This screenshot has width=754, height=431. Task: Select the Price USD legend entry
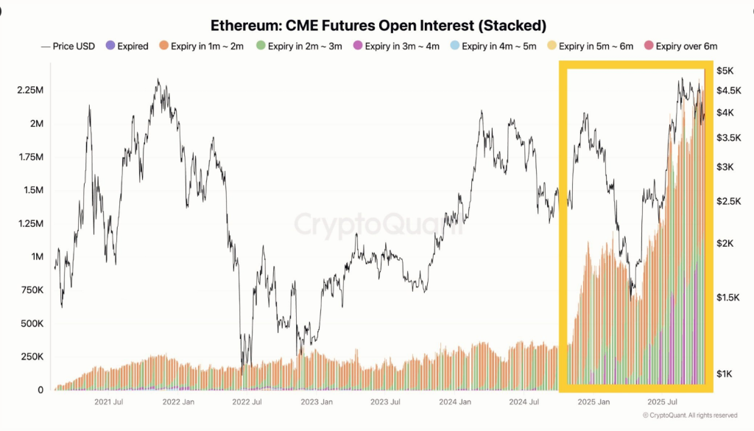68,46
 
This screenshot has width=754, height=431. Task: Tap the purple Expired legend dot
110,46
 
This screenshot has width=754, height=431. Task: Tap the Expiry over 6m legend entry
680,46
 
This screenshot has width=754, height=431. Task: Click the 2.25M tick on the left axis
30,90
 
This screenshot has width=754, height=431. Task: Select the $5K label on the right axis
725,71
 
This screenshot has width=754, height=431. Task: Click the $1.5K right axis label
729,296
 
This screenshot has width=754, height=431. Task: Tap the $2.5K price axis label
729,201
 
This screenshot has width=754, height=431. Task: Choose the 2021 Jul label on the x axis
108,402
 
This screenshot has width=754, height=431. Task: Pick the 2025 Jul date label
662,402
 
